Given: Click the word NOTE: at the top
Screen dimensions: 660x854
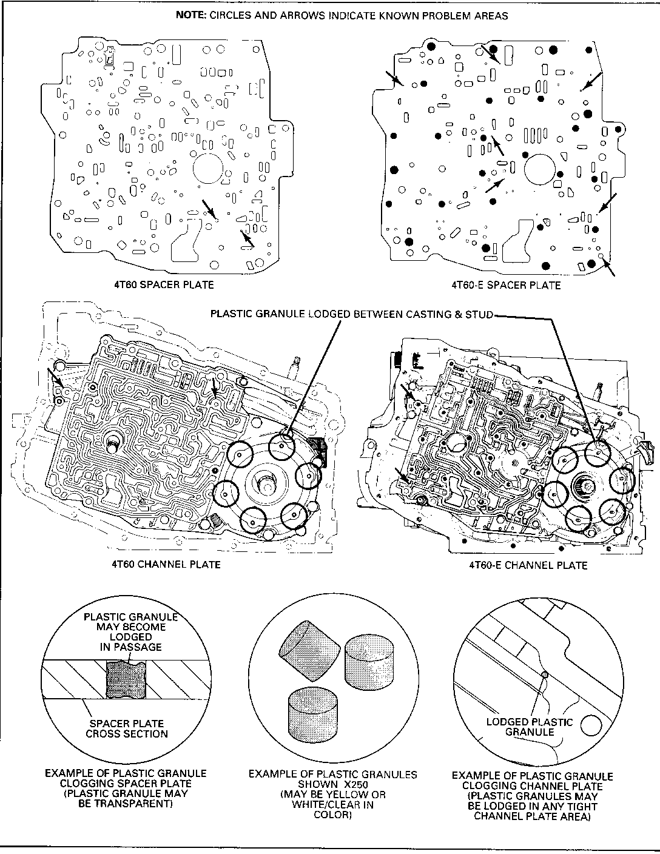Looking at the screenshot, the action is click(191, 16).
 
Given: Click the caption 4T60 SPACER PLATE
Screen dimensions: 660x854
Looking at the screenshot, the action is click(164, 284).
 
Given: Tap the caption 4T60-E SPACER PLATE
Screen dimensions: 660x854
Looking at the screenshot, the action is click(506, 285).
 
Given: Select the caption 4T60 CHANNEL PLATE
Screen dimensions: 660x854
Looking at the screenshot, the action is click(166, 564).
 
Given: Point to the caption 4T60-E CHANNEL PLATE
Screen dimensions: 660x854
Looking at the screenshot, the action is click(528, 565).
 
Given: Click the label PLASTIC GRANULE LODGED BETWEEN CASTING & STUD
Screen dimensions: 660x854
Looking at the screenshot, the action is click(352, 314).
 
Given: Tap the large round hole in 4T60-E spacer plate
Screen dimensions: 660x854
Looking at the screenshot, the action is click(540, 169).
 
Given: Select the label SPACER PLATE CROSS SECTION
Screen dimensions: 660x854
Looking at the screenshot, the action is click(127, 728).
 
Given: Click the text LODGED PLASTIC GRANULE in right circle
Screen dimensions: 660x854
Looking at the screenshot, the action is click(530, 727).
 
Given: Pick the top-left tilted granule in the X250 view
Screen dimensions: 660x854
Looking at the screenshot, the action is click(309, 642).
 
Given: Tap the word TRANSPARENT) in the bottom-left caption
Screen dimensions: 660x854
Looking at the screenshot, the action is click(126, 804).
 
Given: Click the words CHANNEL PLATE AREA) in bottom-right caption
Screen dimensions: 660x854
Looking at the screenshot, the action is click(532, 816).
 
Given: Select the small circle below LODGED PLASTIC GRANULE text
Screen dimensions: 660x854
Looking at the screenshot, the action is click(591, 725).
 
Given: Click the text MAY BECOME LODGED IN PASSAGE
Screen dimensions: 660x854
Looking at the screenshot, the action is click(131, 637).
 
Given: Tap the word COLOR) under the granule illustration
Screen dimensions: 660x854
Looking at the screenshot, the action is click(332, 815).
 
